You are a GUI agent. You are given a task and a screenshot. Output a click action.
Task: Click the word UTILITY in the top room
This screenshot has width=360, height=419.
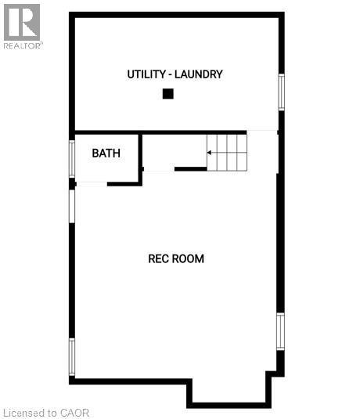147,74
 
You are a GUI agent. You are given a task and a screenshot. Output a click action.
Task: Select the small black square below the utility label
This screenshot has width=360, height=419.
167,94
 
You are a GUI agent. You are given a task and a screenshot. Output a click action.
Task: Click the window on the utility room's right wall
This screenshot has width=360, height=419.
282,92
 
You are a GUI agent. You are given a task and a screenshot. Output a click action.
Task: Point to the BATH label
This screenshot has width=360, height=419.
106,153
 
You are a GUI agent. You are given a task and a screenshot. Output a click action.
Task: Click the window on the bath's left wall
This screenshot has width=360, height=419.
72,157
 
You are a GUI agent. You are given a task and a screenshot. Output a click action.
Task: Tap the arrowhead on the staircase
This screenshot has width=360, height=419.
210,152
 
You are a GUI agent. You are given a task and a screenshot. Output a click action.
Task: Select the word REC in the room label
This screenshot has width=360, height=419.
159,258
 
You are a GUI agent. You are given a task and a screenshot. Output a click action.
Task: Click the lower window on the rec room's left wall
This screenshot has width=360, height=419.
72,357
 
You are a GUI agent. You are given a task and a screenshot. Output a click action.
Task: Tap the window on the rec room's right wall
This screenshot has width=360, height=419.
281,331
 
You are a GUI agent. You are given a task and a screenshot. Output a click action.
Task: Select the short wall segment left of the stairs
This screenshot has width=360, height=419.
190,168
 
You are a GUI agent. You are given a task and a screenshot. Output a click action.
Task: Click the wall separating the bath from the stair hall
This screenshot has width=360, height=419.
141,158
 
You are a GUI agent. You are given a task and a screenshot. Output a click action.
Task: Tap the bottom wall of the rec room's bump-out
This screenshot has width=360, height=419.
229,405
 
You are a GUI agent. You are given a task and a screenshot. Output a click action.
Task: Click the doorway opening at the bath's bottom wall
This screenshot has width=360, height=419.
92,184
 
